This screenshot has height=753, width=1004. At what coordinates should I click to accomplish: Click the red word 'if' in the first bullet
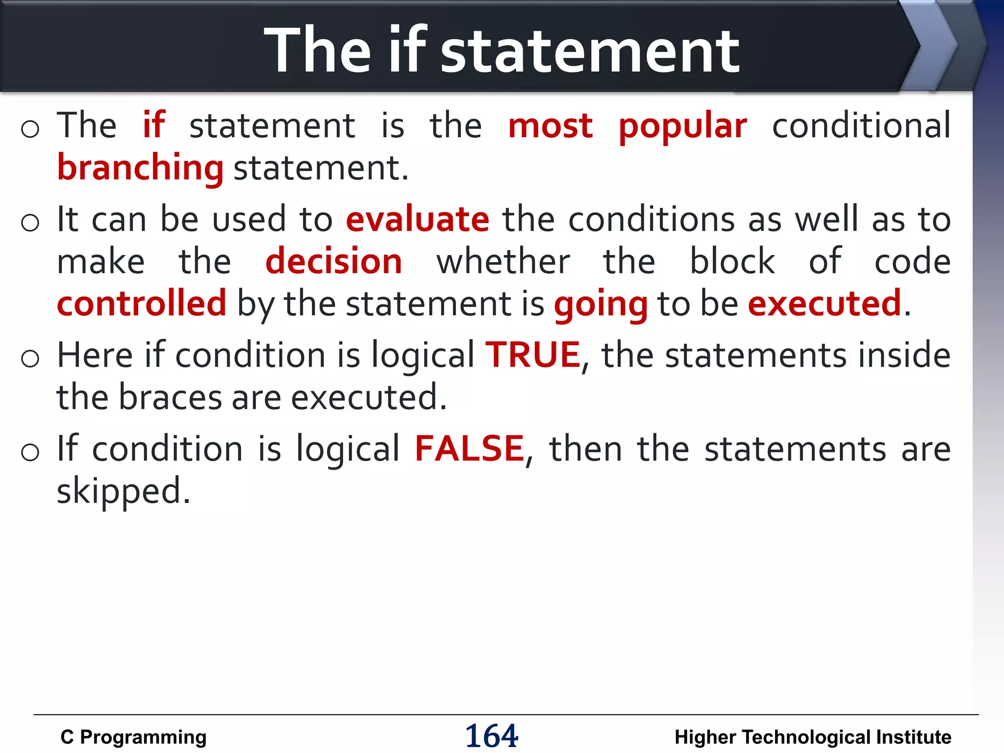[154, 125]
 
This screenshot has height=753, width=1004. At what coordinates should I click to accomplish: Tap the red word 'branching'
[140, 168]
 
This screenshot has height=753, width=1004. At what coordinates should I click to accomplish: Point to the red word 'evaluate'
[417, 219]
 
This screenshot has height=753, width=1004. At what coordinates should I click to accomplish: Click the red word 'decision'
[333, 261]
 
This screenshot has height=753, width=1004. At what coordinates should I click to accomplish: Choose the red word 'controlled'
[142, 303]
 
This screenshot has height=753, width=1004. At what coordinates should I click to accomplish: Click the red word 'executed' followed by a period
[825, 303]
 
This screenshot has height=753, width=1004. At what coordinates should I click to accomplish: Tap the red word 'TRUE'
[533, 355]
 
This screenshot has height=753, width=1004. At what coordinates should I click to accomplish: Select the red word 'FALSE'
[469, 449]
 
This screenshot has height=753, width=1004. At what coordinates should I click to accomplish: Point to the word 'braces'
[170, 397]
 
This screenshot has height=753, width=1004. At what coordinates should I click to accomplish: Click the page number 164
[491, 736]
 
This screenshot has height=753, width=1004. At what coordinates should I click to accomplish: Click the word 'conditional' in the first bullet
[861, 125]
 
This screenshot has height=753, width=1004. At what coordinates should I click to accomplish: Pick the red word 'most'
[550, 126]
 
